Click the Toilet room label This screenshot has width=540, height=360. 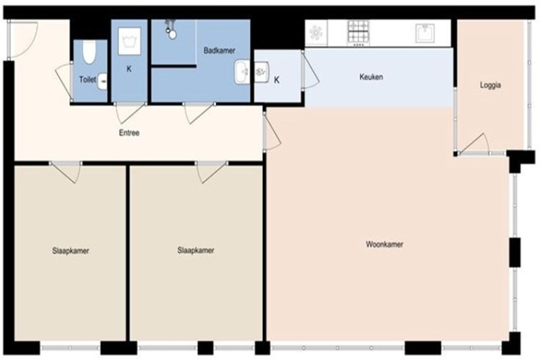[x=87, y=79]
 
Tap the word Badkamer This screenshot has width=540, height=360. [x=220, y=50]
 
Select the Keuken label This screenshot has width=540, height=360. [x=371, y=76]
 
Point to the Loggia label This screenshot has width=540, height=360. [x=490, y=85]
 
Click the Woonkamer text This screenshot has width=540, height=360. [x=384, y=244]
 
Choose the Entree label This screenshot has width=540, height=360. [x=129, y=132]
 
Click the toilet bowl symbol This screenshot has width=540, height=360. [x=89, y=51]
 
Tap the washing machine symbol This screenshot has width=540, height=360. [x=130, y=41]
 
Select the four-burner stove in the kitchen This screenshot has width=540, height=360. [x=358, y=31]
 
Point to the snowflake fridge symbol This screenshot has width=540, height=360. [x=316, y=33]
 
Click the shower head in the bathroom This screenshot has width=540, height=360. [x=171, y=30]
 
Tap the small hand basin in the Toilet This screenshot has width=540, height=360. [x=103, y=82]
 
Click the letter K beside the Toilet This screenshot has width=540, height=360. [x=129, y=69]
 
